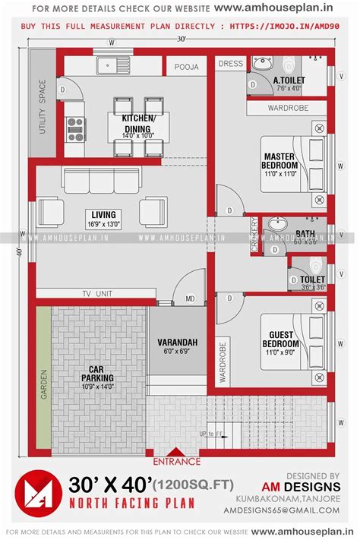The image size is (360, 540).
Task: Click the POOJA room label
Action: tap(186, 67)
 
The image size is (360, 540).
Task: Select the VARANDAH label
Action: tap(178, 343)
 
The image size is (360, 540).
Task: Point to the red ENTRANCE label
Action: tap(177, 460)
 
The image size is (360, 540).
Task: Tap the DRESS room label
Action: tap(230, 65)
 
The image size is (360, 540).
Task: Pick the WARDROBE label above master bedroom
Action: tap(288, 108)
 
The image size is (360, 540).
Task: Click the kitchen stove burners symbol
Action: tap(75, 129)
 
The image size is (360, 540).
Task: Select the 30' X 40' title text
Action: tap(111, 485)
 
